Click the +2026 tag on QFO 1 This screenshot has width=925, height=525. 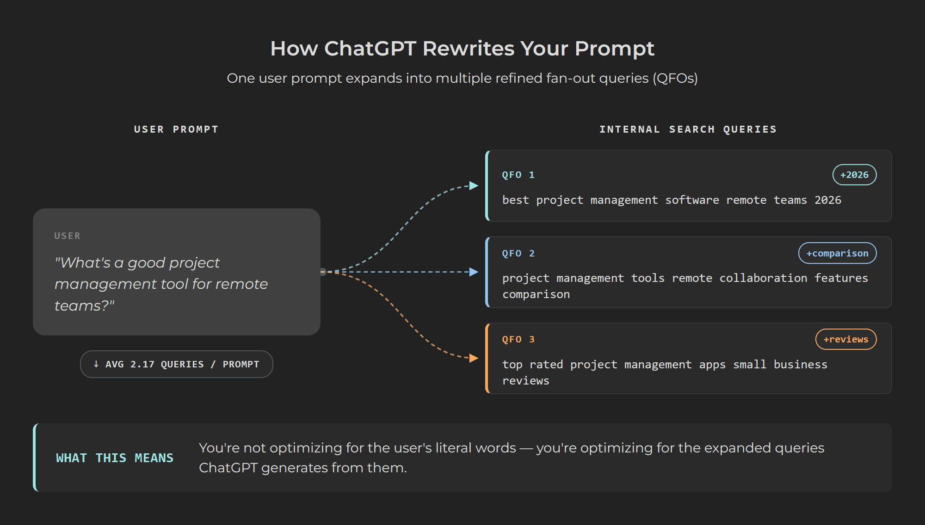click(x=854, y=175)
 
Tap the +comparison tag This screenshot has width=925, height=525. click(x=837, y=253)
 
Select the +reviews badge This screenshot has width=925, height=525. click(x=845, y=339)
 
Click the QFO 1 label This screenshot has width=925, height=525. click(x=518, y=175)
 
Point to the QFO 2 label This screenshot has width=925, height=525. click(x=518, y=253)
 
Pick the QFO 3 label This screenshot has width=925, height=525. click(x=518, y=339)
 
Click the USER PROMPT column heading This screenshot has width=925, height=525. click(x=176, y=129)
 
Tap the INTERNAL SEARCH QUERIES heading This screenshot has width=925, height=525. click(x=688, y=129)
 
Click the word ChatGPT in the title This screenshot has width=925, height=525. click(x=370, y=49)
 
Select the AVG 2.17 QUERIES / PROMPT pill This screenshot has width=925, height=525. click(x=176, y=364)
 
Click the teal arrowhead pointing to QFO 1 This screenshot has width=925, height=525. click(x=474, y=186)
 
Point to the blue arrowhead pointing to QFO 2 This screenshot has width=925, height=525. click(x=474, y=272)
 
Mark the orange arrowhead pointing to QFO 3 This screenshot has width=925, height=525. click(x=474, y=358)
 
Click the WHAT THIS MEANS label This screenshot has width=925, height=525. click(x=114, y=458)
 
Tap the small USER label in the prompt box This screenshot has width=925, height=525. click(x=67, y=236)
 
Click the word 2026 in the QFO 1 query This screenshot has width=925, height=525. click(x=827, y=200)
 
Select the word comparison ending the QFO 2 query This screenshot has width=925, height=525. click(x=536, y=294)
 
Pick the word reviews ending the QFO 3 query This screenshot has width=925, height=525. click(x=525, y=381)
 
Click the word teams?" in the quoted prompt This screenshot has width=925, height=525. click(x=84, y=305)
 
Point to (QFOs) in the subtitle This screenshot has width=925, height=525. click(x=675, y=78)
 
